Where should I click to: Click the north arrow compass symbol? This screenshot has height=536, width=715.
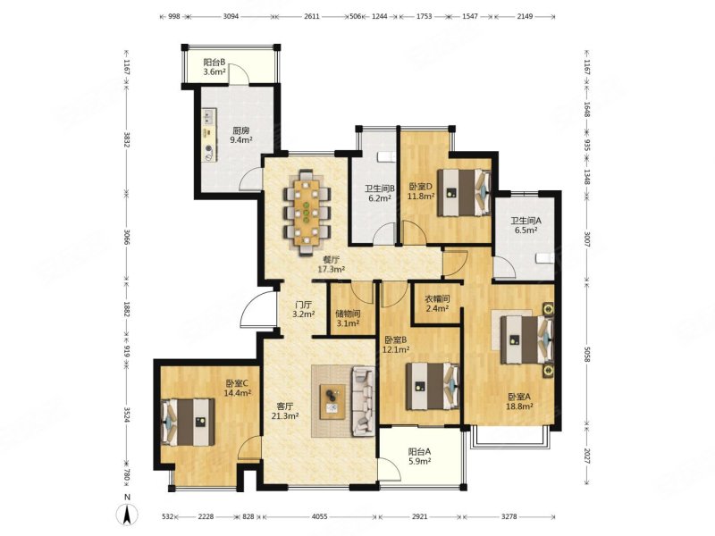(x=128, y=515)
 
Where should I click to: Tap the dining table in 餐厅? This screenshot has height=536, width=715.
(x=307, y=212)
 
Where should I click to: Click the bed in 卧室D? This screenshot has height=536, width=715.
(x=464, y=192)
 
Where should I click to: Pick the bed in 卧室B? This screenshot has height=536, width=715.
(x=433, y=386)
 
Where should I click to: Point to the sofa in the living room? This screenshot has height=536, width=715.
(x=364, y=402)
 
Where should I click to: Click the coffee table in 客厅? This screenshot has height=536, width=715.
(x=332, y=401)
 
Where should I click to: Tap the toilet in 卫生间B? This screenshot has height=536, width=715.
(x=386, y=157)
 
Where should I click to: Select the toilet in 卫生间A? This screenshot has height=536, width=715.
(x=544, y=258)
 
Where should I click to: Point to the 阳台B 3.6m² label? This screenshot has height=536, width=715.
(x=214, y=66)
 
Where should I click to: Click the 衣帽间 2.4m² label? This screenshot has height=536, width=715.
(x=437, y=304)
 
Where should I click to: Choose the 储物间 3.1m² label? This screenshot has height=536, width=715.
(x=348, y=319)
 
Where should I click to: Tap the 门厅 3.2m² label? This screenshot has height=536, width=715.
(x=304, y=309)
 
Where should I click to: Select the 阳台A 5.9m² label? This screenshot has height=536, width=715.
(x=419, y=456)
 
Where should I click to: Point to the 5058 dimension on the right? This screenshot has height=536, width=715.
(x=587, y=354)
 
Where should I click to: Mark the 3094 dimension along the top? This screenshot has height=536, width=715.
(x=231, y=16)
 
